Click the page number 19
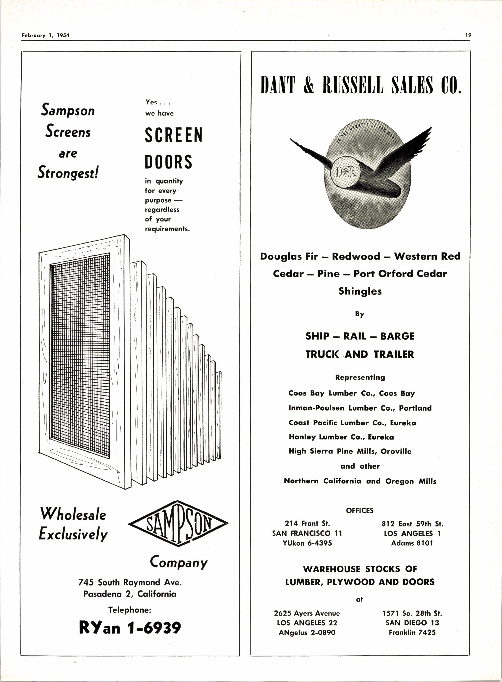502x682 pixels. click(x=468, y=35)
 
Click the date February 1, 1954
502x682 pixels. click(x=46, y=35)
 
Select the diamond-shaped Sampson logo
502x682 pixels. click(x=178, y=523)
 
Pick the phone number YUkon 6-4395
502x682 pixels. click(x=307, y=543)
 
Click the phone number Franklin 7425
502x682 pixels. click(x=412, y=632)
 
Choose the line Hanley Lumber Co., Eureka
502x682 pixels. click(x=341, y=437)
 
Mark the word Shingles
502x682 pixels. click(x=360, y=291)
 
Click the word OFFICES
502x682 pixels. click(x=360, y=510)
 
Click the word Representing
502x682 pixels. click(x=360, y=377)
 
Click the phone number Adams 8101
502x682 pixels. click(x=412, y=543)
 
